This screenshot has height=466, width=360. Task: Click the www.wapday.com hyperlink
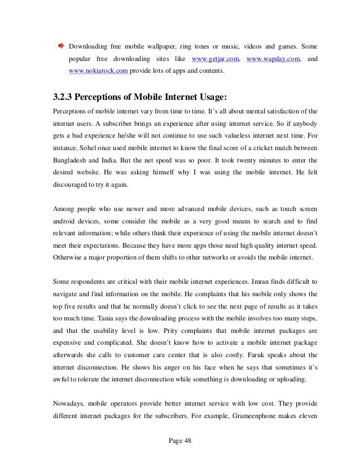click(273, 58)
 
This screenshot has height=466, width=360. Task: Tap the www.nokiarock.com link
click(98, 72)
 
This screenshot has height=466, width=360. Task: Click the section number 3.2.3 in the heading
click(65, 95)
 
